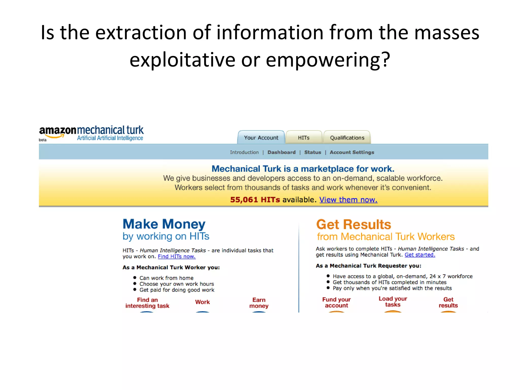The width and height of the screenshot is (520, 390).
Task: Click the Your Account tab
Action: (x=261, y=138)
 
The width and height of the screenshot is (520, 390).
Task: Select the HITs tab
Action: (x=304, y=138)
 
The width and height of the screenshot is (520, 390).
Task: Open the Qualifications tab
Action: (x=347, y=138)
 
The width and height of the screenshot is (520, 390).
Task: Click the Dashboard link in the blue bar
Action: (x=281, y=152)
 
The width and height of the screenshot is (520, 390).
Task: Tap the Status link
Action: (x=313, y=152)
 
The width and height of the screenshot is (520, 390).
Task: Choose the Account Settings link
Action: (x=352, y=152)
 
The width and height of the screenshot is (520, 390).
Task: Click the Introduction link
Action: (x=244, y=152)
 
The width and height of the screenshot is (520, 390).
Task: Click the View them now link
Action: (x=348, y=200)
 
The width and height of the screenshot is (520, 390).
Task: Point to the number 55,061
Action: (x=244, y=200)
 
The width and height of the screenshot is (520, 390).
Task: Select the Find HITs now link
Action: (x=177, y=256)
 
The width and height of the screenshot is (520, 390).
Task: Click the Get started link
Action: (x=420, y=255)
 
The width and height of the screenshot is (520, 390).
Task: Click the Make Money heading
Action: (x=164, y=224)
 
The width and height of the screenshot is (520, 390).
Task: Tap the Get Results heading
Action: (x=353, y=224)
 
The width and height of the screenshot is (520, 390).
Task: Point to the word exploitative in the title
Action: (x=182, y=60)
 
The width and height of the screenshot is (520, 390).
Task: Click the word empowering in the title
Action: (x=328, y=60)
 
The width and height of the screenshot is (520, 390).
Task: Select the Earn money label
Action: (x=259, y=303)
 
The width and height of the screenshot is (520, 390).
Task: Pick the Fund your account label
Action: (x=336, y=302)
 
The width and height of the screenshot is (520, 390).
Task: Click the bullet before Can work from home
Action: (x=135, y=278)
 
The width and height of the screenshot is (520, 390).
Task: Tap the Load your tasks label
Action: (x=393, y=302)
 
